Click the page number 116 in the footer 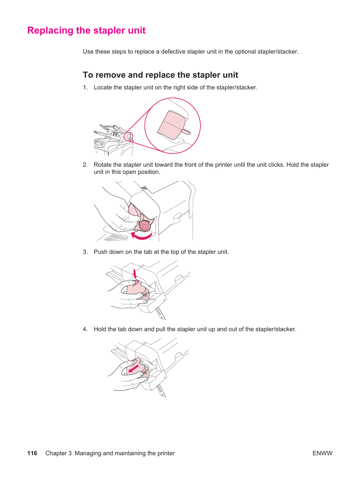(x=32, y=453)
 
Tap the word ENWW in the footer (x=322, y=453)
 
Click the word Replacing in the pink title (x=50, y=31)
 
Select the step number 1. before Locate (x=85, y=88)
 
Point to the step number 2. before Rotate (x=85, y=165)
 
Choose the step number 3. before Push (x=85, y=252)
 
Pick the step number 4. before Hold (x=85, y=329)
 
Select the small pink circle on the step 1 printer (x=129, y=137)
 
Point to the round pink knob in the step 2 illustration (x=144, y=226)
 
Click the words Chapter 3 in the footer (x=58, y=453)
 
